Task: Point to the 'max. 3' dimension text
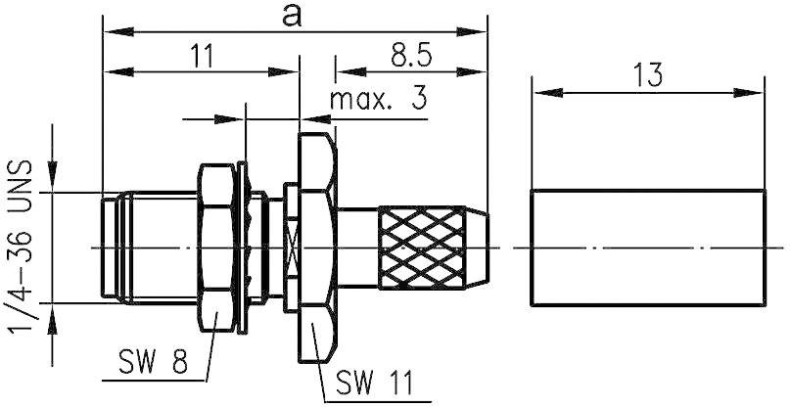tap(378, 100)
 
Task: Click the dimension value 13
tap(647, 74)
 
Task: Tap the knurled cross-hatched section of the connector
tap(421, 246)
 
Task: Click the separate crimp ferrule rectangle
tap(647, 246)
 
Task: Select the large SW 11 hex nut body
tap(316, 245)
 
